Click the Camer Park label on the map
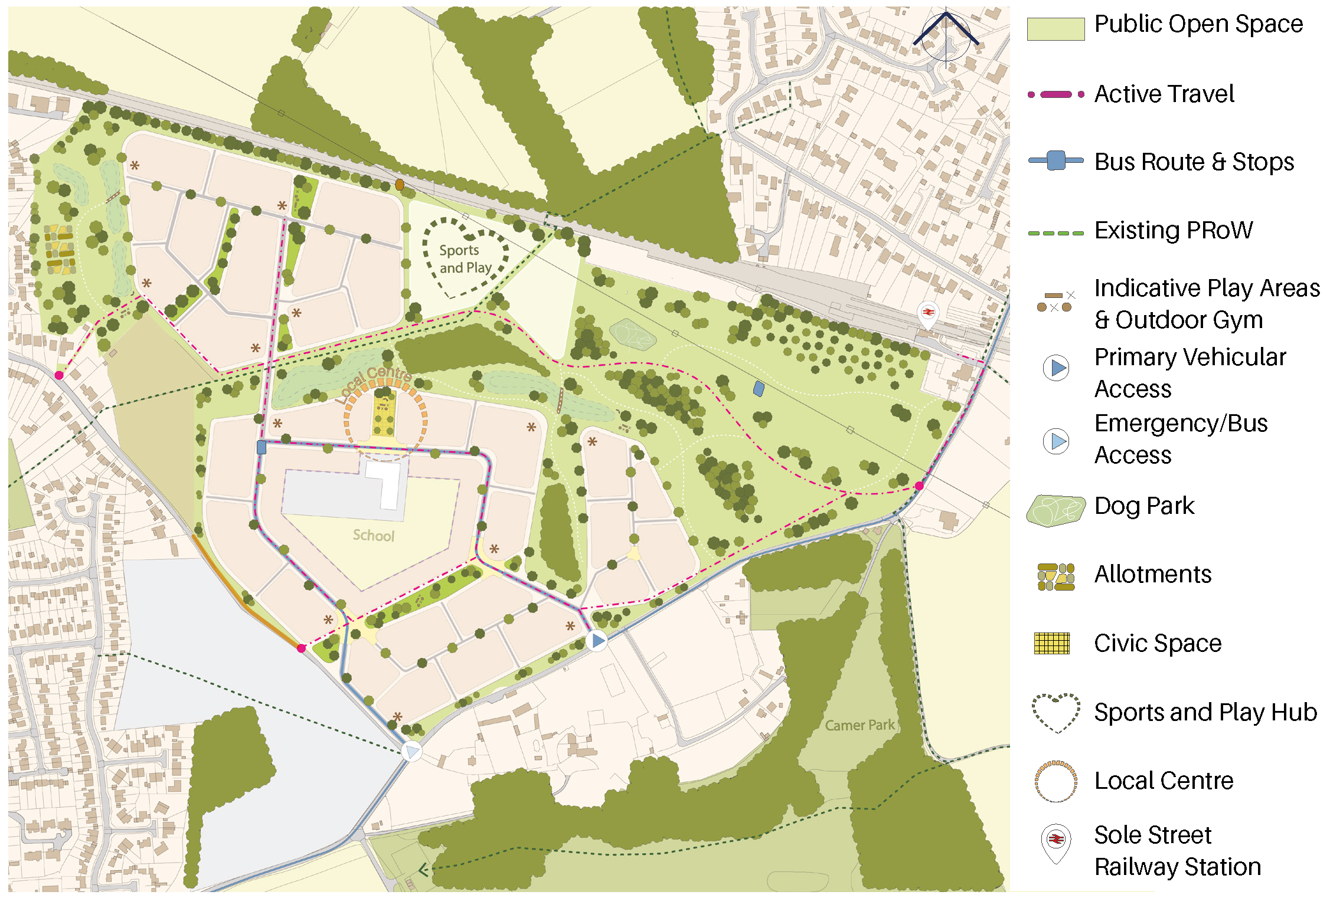point(860,725)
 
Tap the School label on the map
point(373,535)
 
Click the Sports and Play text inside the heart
point(465,259)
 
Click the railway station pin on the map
point(929,313)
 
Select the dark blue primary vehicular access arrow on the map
point(597,640)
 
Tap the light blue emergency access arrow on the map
point(411,751)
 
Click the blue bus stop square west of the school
point(262,447)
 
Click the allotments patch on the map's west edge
point(60,250)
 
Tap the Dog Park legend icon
point(1055,510)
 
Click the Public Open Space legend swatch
point(1055,29)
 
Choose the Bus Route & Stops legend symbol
point(1055,160)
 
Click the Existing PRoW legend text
point(1173,230)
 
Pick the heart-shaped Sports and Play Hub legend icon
point(1056,713)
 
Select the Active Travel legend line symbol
point(1055,94)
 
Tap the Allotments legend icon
point(1055,576)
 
